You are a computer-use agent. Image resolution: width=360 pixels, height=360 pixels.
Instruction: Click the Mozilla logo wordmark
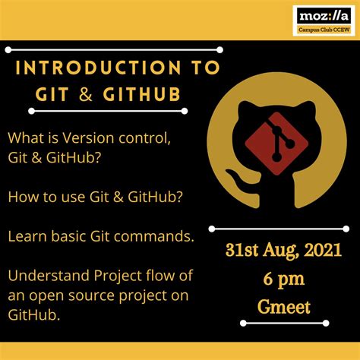pyautogui.click(x=324, y=15)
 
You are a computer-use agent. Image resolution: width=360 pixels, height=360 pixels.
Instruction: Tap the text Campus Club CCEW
pyautogui.click(x=324, y=30)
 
